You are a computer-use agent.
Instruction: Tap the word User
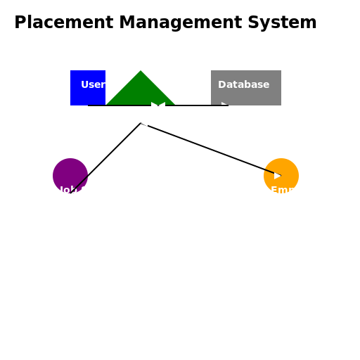point(93,85)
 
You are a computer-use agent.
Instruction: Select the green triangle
point(141,91)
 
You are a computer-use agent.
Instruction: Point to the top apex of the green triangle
point(141,72)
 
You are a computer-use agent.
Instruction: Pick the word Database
point(243,85)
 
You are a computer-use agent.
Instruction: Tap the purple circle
point(68,172)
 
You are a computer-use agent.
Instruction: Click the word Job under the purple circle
point(68,191)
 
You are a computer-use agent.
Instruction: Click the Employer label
point(297,191)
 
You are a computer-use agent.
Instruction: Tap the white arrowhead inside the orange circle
point(278,176)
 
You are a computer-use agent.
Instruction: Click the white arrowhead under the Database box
point(224,105)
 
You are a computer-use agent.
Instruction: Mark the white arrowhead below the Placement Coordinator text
point(144,123)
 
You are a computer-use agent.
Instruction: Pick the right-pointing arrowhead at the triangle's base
point(155,105)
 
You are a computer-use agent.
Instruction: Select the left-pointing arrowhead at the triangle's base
point(162,105)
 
